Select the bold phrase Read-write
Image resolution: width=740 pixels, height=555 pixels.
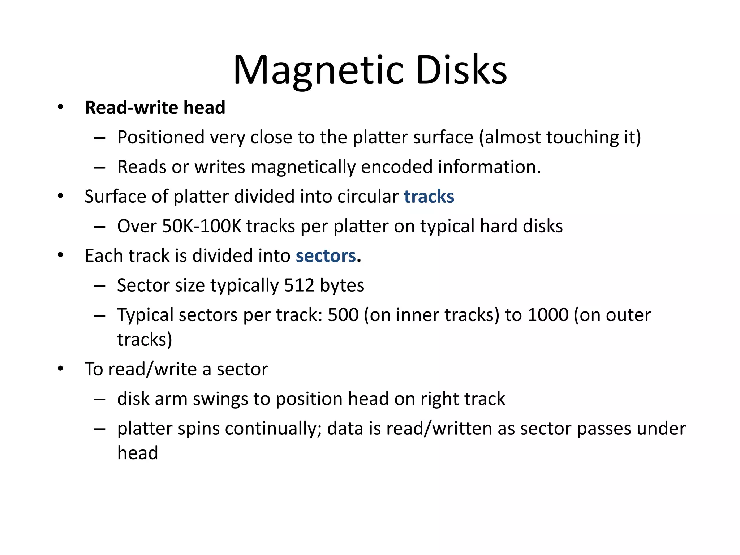pyautogui.click(x=132, y=108)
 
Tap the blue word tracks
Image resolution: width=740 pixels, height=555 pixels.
pyautogui.click(x=429, y=197)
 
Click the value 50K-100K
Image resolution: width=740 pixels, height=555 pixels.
pyautogui.click(x=201, y=226)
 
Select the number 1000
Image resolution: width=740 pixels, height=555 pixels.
pyautogui.click(x=548, y=315)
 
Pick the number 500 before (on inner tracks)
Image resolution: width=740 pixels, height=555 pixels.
pyautogui.click(x=343, y=315)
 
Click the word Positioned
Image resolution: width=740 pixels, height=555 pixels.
pyautogui.click(x=161, y=138)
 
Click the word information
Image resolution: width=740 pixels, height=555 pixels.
pyautogui.click(x=489, y=167)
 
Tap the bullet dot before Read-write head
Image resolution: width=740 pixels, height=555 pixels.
pyautogui.click(x=60, y=107)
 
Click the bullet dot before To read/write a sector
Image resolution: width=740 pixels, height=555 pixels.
pyautogui.click(x=60, y=369)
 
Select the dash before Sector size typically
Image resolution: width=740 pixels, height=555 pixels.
pyautogui.click(x=99, y=286)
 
